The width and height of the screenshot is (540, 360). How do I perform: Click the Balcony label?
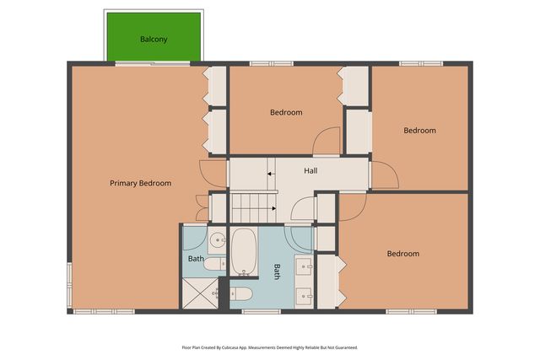(154, 40)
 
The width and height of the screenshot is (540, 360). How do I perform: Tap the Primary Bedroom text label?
(141, 183)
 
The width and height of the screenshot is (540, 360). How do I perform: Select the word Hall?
(310, 170)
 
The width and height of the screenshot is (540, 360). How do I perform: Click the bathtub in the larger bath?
(244, 251)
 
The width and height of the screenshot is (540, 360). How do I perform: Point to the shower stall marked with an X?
(200, 293)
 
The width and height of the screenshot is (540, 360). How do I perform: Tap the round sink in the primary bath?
(218, 239)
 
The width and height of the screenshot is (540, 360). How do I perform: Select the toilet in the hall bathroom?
(241, 294)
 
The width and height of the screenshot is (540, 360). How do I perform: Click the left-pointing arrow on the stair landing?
(272, 174)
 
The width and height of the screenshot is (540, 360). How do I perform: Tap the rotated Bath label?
(277, 271)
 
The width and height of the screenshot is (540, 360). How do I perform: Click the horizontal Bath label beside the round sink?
(196, 259)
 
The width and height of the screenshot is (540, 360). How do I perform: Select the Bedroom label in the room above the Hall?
(286, 112)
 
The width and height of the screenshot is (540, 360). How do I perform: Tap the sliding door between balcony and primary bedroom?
(152, 63)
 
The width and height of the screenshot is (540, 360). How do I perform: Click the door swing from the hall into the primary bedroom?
(213, 174)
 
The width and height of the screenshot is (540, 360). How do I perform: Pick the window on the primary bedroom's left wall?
(69, 285)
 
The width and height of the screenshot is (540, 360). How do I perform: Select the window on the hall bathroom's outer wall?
(262, 311)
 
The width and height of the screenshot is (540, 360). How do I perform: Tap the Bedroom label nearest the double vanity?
(403, 254)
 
